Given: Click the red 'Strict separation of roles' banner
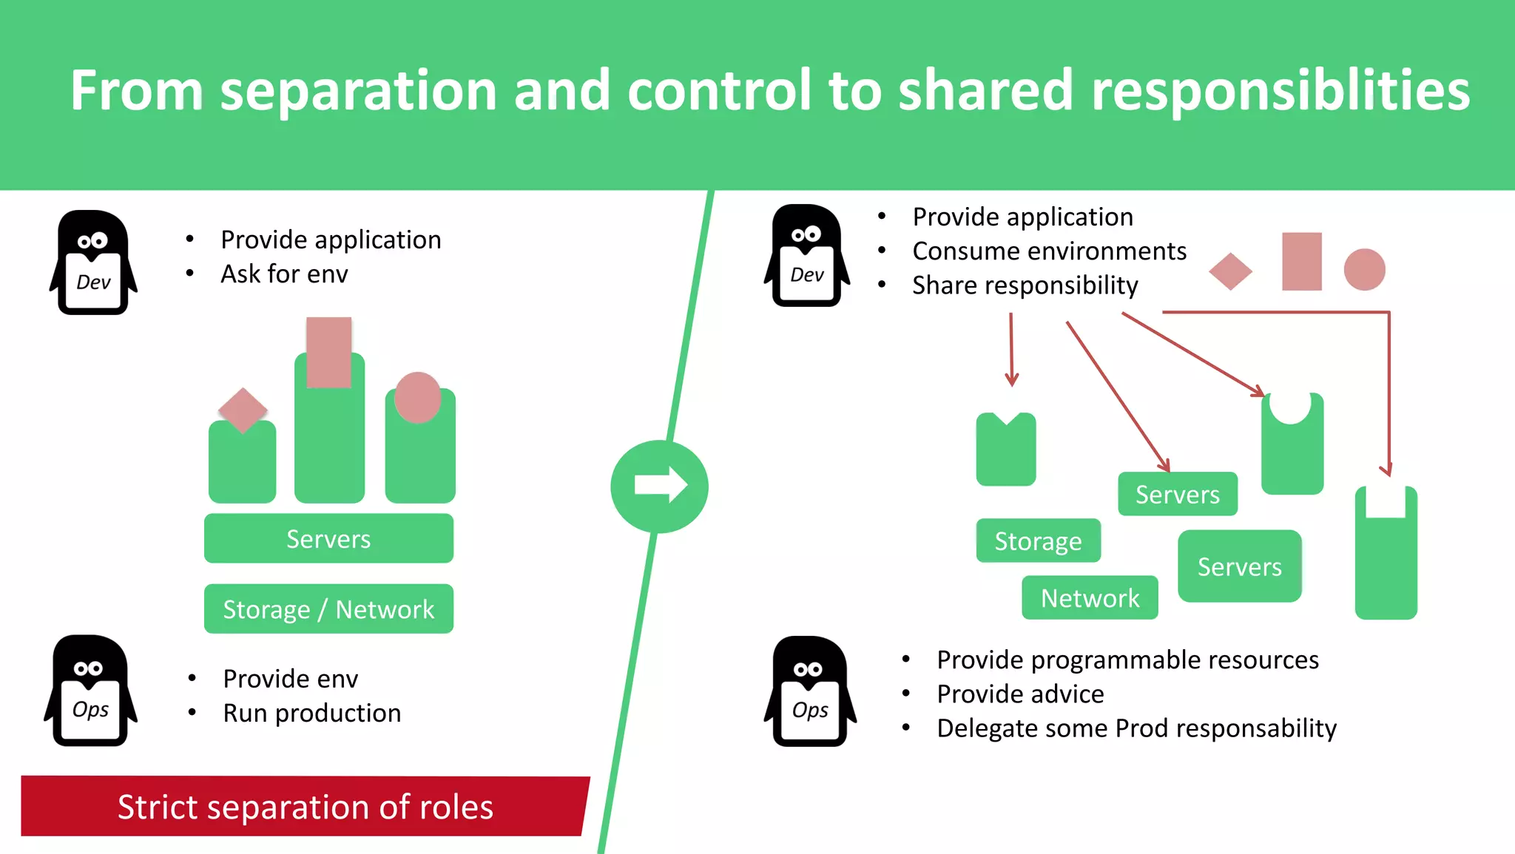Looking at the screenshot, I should [x=305, y=806].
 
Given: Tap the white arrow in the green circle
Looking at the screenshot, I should [x=661, y=485].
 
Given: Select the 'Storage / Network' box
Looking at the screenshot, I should [x=328, y=609].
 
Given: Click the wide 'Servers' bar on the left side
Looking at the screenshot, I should [x=328, y=539].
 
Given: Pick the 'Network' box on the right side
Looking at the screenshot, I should [x=1090, y=597].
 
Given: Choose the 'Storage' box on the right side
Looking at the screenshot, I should [x=1038, y=540].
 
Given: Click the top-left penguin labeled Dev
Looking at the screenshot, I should [x=93, y=263].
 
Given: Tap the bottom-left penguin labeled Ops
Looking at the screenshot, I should [x=90, y=691].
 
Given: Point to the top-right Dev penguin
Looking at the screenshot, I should [x=807, y=256].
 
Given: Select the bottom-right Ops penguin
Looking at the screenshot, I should [x=810, y=691].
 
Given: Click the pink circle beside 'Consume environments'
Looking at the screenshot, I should [x=1364, y=269].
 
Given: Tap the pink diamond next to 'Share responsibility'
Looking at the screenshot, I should [x=1230, y=271].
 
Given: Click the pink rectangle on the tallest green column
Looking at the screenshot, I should [x=328, y=353].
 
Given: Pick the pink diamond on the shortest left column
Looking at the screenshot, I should [x=243, y=410].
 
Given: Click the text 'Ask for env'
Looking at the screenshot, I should [x=284, y=274].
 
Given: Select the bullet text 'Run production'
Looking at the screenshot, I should [x=311, y=714].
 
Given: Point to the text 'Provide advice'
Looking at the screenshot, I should [x=1020, y=694].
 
